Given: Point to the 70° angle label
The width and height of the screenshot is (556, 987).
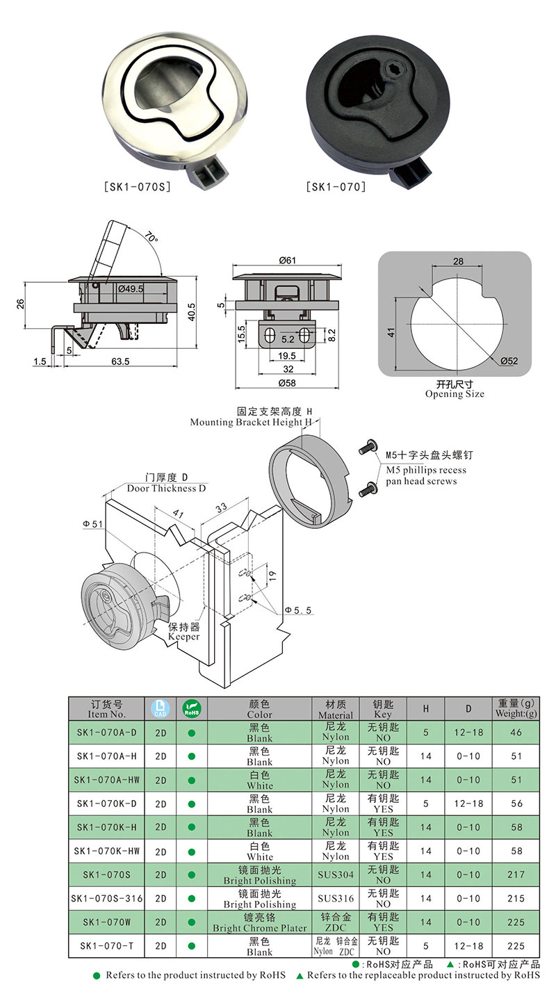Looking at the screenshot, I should (152, 238).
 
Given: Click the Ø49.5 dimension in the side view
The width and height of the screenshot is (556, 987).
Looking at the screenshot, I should (131, 288).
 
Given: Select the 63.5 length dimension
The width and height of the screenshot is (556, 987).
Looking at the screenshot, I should (122, 362).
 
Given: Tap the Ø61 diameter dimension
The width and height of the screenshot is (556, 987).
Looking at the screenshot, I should (287, 261).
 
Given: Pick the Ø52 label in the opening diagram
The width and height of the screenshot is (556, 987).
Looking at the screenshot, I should (508, 361).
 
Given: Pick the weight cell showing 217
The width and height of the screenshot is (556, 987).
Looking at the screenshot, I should (516, 874).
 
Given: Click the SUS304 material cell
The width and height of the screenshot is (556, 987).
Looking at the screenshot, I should (336, 874).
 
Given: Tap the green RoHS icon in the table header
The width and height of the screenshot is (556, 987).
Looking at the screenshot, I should (191, 708).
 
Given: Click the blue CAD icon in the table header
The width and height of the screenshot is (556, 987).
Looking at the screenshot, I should (160, 708).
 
